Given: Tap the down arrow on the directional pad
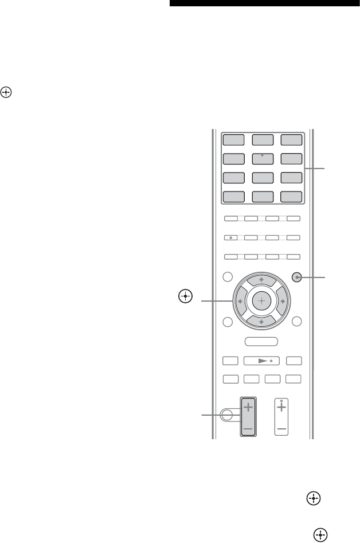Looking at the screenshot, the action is click(x=261, y=322).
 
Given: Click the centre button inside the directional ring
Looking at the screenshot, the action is click(x=261, y=301).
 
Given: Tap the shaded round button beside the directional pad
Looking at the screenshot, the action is click(x=296, y=277).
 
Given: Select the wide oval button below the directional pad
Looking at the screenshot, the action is click(x=261, y=341).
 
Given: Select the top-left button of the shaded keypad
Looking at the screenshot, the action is click(x=232, y=139).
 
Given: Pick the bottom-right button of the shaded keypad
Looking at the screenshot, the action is click(x=291, y=196).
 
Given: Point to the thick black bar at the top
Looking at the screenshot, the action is click(x=264, y=3).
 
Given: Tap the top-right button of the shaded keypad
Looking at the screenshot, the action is click(x=291, y=139).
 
